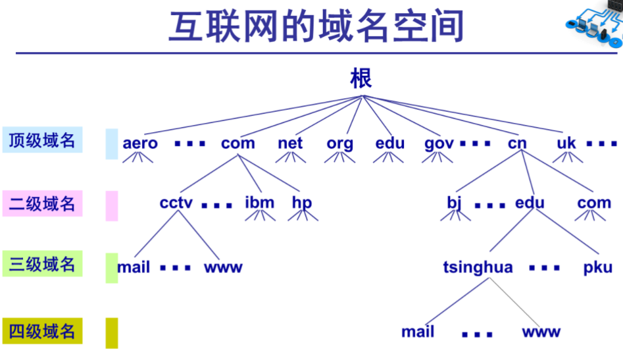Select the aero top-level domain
[x=140, y=143]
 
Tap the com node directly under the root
[x=238, y=143]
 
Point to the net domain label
[x=290, y=143]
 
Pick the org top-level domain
[x=339, y=143]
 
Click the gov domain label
[x=439, y=143]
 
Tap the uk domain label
[x=566, y=143]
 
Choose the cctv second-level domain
[x=176, y=203]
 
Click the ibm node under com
[x=259, y=203]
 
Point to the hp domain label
[x=302, y=203]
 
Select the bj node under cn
[x=455, y=203]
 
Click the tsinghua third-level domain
[x=478, y=268]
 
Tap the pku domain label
[x=597, y=268]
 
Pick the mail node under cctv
[x=134, y=268]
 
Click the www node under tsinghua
[x=541, y=332]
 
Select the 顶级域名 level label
[x=42, y=140]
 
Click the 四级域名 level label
[x=42, y=332]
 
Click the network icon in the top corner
[x=594, y=23]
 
